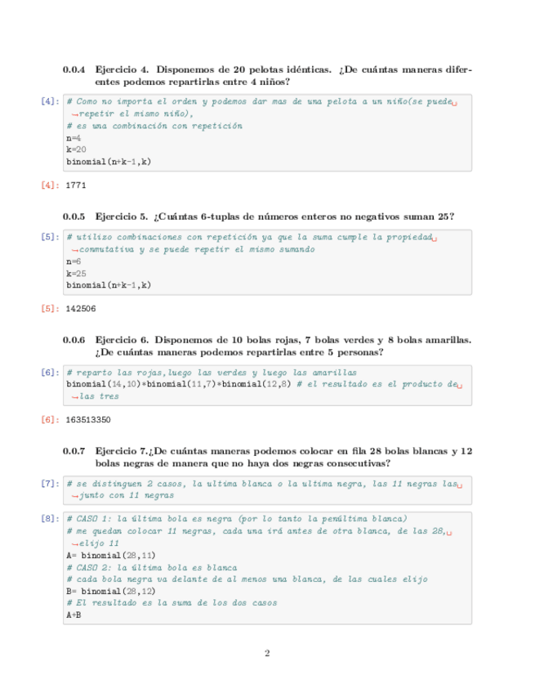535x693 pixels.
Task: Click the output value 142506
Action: point(81,309)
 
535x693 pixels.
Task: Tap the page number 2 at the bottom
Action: point(267,653)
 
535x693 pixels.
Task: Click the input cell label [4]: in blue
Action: point(49,101)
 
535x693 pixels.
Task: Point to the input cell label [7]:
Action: point(49,484)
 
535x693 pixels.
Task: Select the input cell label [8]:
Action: point(49,518)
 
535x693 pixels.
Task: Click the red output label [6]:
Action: point(49,420)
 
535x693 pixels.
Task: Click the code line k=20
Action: point(76,150)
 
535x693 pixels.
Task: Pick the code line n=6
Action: point(74,262)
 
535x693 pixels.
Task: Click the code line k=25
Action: point(76,274)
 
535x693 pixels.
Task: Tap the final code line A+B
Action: point(74,615)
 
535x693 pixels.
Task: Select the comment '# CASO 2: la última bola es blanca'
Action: point(151,567)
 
